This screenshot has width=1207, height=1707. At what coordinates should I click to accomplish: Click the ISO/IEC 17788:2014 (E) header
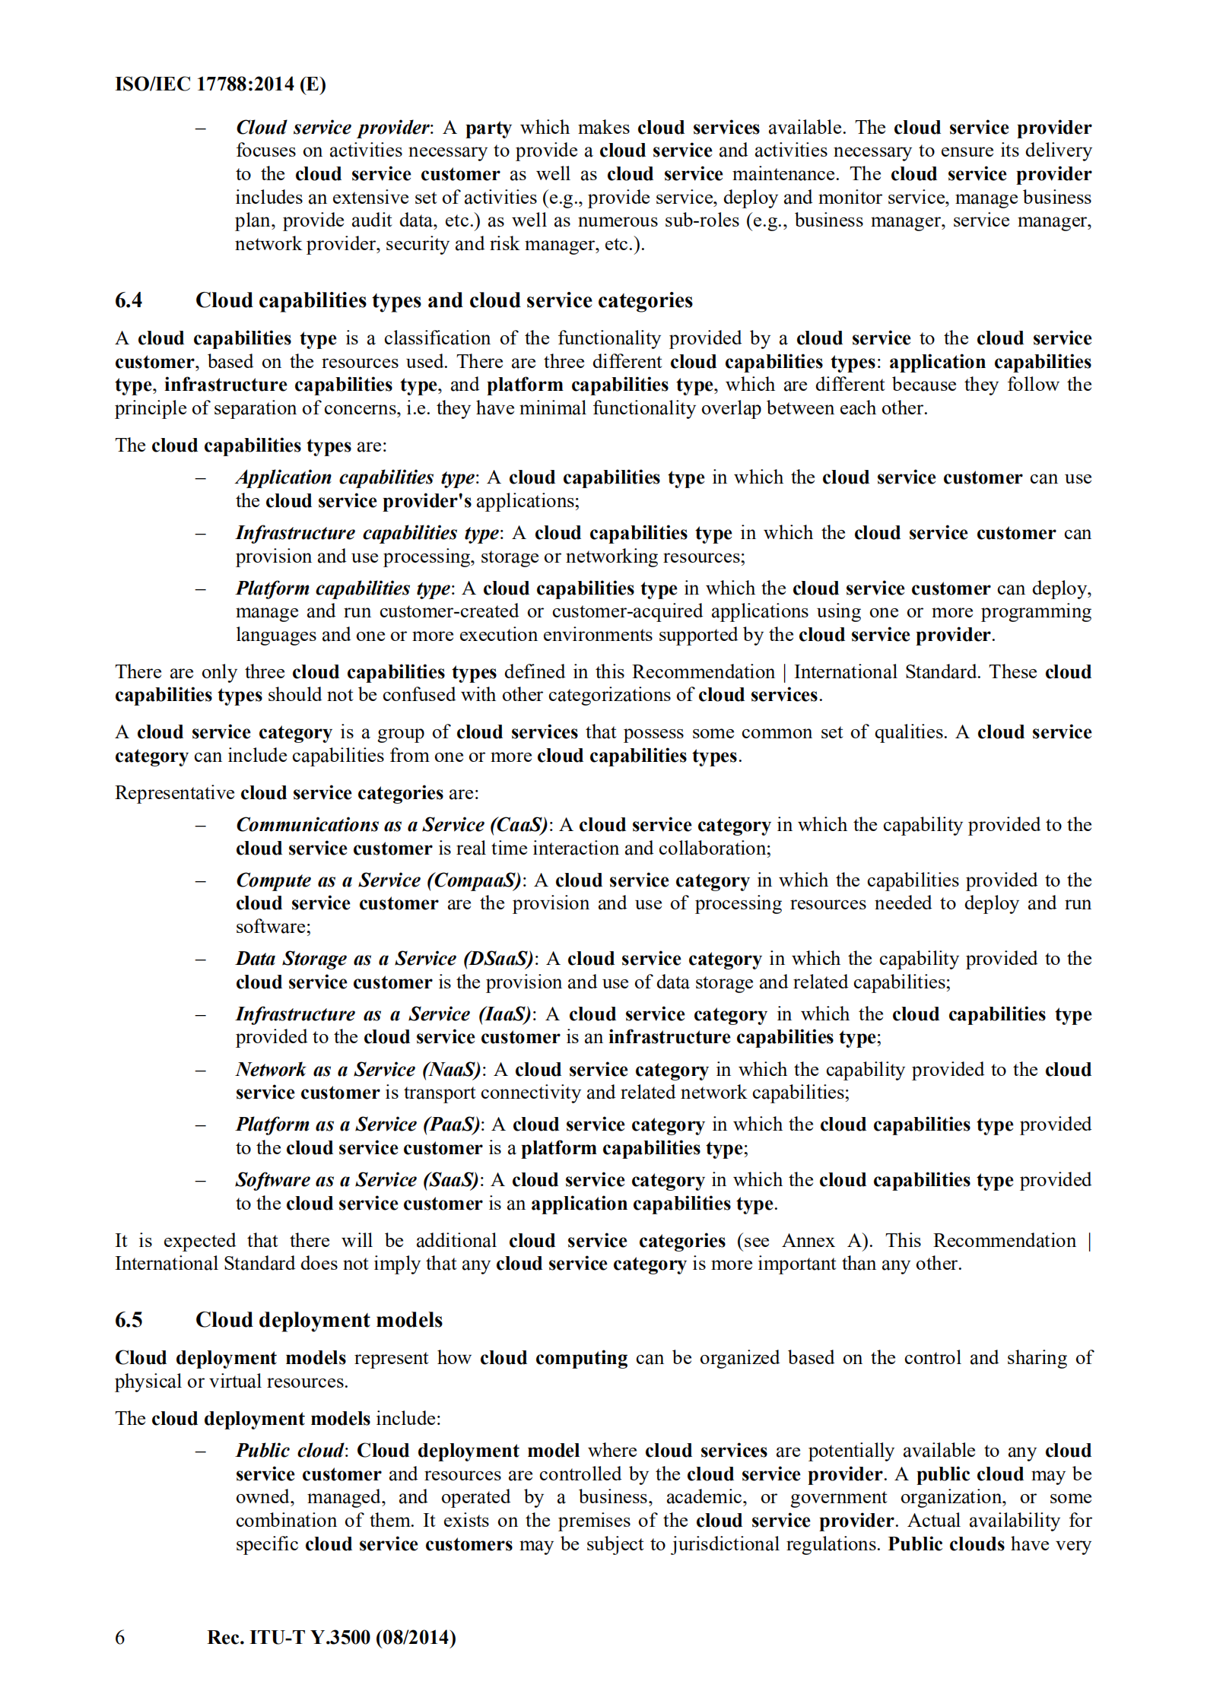point(220,84)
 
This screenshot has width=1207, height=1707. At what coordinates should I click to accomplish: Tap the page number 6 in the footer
point(119,1637)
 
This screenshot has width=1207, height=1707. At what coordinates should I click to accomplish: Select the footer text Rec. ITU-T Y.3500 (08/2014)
point(331,1637)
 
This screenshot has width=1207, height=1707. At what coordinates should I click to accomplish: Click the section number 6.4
point(129,300)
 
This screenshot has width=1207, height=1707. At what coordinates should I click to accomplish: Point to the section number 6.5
point(129,1320)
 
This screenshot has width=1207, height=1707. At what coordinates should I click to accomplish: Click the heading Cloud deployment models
point(319,1320)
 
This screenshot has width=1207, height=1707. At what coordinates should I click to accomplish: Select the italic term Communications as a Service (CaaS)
point(392,825)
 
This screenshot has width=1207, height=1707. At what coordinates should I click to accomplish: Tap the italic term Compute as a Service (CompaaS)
point(379,880)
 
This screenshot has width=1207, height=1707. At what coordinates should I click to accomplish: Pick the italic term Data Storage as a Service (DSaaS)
point(385,959)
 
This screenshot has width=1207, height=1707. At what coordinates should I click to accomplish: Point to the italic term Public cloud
point(289,1451)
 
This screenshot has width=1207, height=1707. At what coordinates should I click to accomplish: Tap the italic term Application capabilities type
point(355,478)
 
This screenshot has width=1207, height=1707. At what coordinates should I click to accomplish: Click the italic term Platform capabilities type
point(343,589)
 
